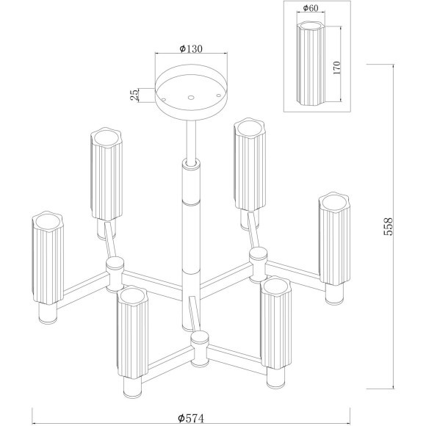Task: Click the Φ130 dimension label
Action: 191,48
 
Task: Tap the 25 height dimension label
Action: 134,95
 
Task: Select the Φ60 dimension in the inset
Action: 310,8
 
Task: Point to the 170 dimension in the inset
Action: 336,68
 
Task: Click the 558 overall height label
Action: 388,226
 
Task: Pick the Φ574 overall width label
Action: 191,418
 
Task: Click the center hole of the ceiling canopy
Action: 191,97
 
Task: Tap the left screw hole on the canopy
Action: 164,100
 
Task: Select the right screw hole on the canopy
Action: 218,95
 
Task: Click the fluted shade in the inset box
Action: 311,65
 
